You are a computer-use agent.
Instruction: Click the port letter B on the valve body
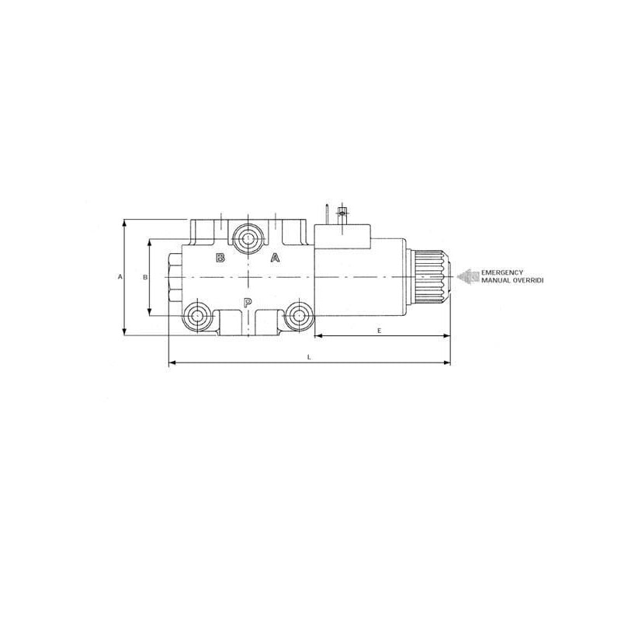click(220, 258)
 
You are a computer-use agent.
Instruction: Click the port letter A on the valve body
click(276, 258)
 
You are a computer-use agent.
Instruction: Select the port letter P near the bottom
click(247, 303)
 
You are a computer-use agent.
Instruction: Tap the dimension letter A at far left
click(120, 276)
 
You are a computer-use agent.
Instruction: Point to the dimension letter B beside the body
click(145, 277)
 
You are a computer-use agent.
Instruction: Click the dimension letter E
click(379, 331)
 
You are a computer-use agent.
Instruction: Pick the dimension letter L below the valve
click(309, 357)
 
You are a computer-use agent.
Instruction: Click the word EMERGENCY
click(502, 272)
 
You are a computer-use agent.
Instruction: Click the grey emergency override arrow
click(468, 276)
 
